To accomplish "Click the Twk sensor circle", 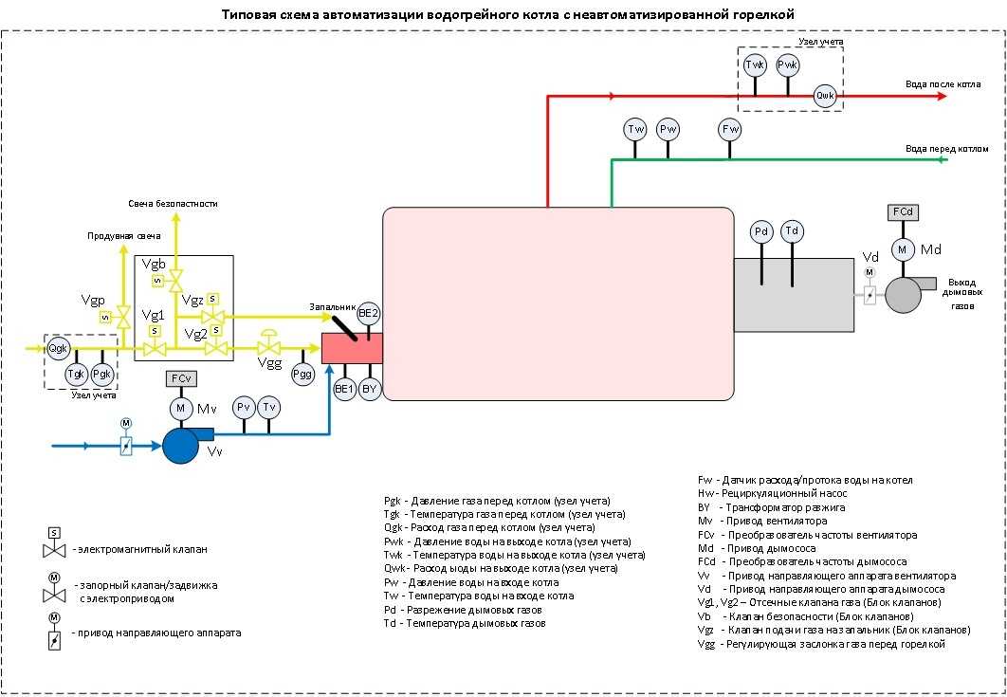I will click(755, 65).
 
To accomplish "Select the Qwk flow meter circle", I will click(826, 96).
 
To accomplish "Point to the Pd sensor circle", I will click(760, 232).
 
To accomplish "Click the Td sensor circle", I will click(793, 232).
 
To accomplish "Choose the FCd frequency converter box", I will click(903, 212).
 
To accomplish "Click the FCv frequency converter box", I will click(180, 379).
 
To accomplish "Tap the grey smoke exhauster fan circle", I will click(903, 295).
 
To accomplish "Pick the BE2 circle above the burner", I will click(369, 313).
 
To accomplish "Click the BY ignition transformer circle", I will click(370, 388).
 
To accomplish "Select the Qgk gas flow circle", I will click(59, 346).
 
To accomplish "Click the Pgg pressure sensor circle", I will click(303, 374).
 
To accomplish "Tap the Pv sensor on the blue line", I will click(244, 408).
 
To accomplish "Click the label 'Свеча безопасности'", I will click(174, 203).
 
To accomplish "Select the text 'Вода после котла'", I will click(943, 84).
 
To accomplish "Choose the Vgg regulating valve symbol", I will click(269, 347).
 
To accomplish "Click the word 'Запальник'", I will click(331, 307).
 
